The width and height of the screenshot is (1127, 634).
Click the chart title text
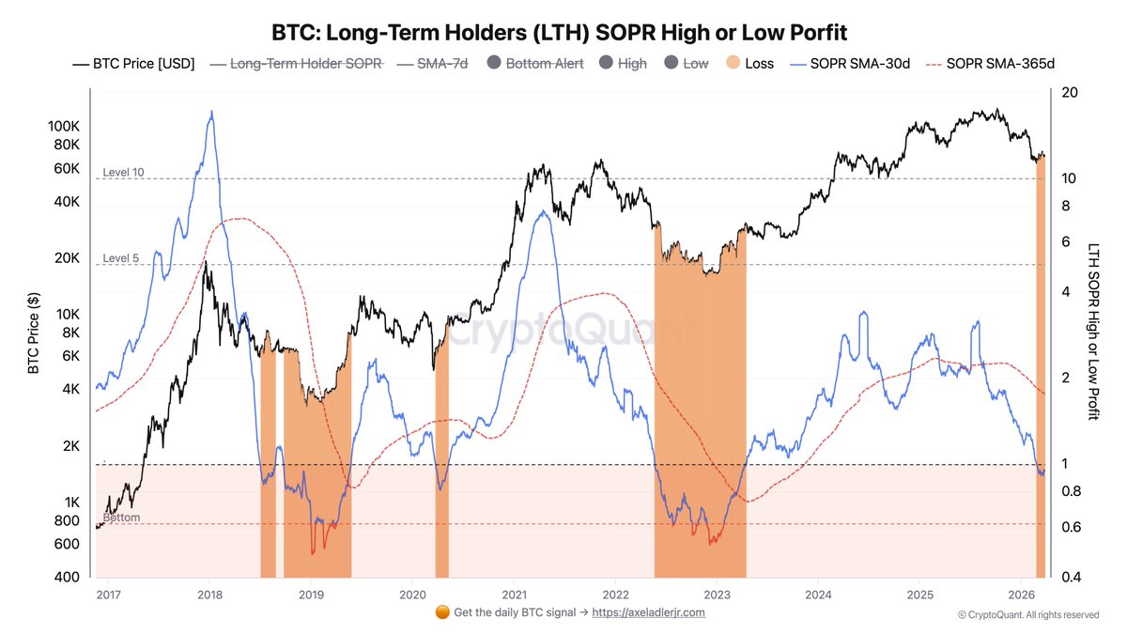coord(560,33)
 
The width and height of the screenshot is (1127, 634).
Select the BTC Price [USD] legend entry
coord(134,64)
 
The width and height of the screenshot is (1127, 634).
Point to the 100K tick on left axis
coord(63,126)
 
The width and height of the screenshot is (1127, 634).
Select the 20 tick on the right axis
coord(1069,92)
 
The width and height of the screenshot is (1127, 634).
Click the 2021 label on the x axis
coord(514,595)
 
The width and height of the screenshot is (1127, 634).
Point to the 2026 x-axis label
coord(1022,595)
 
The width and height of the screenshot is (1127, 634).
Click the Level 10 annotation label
coord(123,172)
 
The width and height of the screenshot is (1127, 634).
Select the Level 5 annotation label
coord(120,258)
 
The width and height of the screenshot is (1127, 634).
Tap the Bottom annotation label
coord(121,518)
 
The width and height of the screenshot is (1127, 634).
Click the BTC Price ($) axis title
coord(34,333)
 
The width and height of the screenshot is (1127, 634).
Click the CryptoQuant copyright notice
coord(1028,615)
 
